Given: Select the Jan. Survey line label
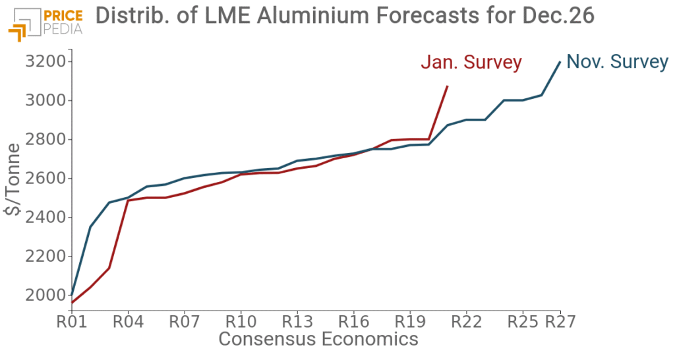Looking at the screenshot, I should click(x=471, y=63).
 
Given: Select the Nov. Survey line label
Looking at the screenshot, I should click(x=618, y=62).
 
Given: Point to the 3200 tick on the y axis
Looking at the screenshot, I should click(x=45, y=62).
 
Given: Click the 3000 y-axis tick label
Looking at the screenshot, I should click(x=45, y=101).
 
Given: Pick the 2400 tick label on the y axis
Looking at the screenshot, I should click(x=45, y=218).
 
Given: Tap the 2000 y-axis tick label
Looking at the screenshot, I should click(x=45, y=295).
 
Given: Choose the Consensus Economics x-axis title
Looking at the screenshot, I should click(x=318, y=340).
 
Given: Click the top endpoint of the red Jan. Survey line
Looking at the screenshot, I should click(x=448, y=86).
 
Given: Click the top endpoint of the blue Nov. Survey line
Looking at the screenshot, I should click(x=560, y=62).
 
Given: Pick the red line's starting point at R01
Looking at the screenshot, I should click(x=71, y=303).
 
